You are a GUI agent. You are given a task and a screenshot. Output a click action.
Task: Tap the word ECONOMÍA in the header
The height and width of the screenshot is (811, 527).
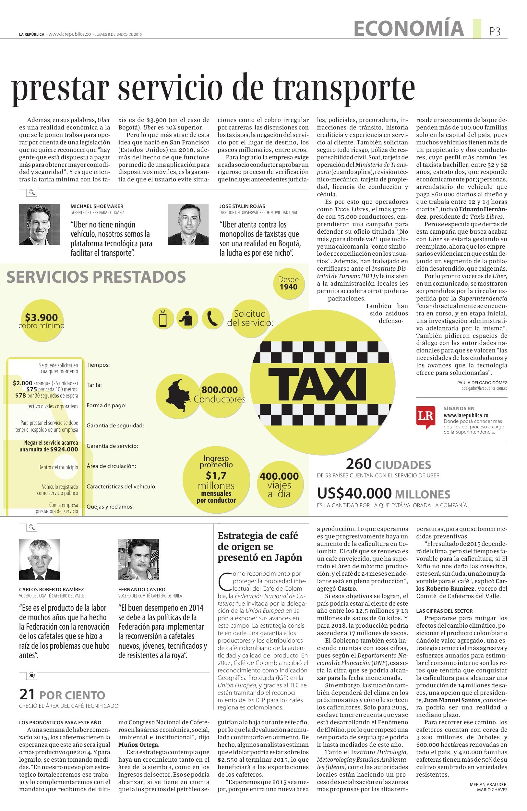[x=409, y=28]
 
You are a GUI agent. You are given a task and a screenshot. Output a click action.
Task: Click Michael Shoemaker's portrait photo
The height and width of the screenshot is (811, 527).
[x=39, y=224]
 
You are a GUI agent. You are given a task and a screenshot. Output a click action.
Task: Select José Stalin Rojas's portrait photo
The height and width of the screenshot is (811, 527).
[x=188, y=224]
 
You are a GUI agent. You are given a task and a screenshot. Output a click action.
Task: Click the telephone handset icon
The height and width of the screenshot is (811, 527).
[x=212, y=319]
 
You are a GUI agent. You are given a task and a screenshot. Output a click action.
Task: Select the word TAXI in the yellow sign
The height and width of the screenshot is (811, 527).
[x=317, y=384]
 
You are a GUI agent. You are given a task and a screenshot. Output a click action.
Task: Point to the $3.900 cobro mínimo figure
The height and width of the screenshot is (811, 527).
[x=41, y=320]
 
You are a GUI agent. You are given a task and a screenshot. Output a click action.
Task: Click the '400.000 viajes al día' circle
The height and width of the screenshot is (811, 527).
[x=279, y=484]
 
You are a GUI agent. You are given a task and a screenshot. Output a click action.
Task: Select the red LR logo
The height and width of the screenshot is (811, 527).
[x=425, y=417]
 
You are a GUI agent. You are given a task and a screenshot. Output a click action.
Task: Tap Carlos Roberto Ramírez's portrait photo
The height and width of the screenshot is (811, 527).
[x=39, y=559]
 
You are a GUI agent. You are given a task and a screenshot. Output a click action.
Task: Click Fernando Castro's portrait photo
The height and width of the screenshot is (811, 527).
[x=138, y=559]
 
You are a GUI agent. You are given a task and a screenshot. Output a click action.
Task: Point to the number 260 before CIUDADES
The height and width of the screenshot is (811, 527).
[x=358, y=464]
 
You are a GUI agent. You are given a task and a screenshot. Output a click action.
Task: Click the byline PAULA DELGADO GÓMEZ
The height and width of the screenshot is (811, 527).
[x=482, y=382]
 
